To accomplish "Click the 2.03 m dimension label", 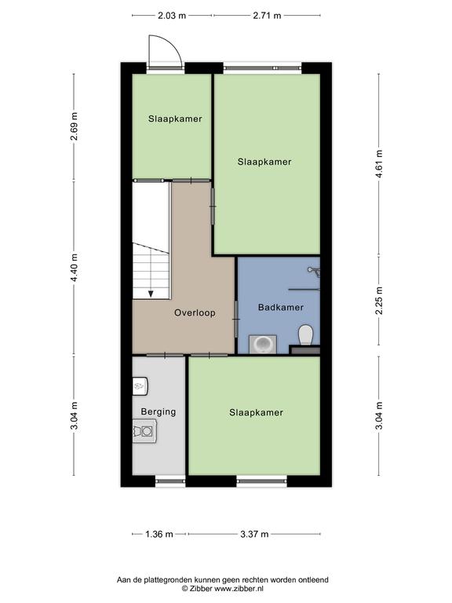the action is click(172, 16).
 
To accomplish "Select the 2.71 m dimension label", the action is click(267, 16).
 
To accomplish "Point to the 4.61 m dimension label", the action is click(379, 164).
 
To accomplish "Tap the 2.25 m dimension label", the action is click(379, 301).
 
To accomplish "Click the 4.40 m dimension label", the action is click(75, 267).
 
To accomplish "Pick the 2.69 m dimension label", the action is click(75, 126).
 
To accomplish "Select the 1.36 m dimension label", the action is click(159, 534).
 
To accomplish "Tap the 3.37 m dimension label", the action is click(254, 534).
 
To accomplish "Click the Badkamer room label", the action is click(281, 307).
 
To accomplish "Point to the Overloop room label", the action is click(195, 312).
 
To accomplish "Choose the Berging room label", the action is click(159, 412).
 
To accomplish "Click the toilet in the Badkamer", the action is click(306, 335).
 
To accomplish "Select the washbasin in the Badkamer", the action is click(263, 344).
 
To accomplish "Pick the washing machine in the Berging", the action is click(144, 431).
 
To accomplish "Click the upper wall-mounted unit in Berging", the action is click(140, 386).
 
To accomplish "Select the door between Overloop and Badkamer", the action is click(236, 320).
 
